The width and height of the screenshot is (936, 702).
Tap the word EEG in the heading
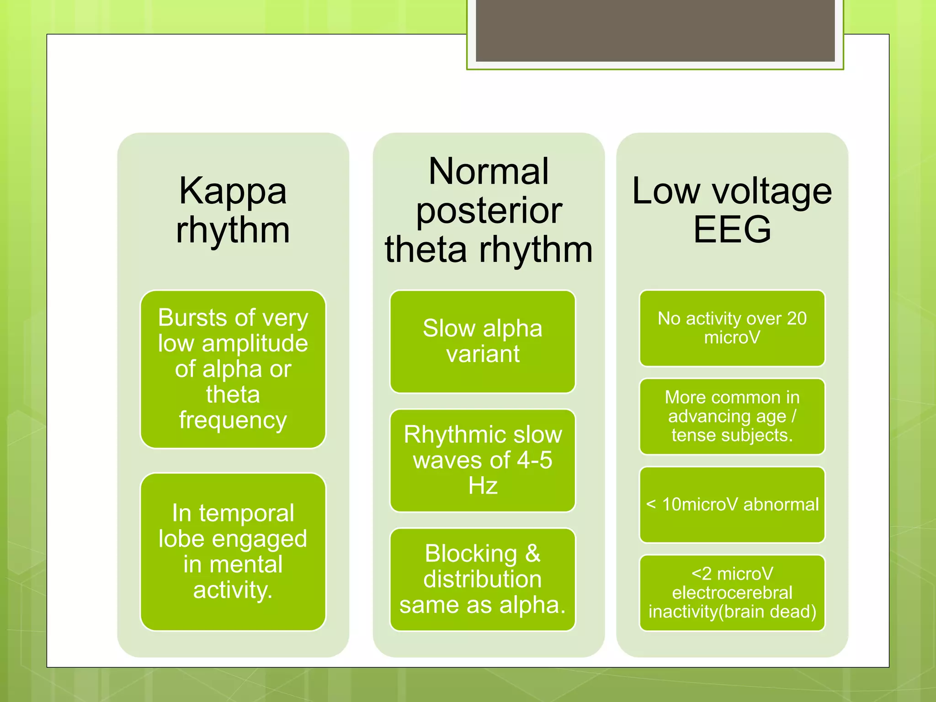(732, 229)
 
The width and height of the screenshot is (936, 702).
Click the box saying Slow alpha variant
(483, 341)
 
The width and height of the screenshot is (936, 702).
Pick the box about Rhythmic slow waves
(483, 460)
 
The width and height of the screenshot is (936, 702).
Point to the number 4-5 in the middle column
(534, 460)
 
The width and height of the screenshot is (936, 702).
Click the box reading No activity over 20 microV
(732, 328)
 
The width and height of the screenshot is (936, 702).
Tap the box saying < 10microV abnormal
(732, 505)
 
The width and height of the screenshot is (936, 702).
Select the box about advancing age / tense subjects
(732, 416)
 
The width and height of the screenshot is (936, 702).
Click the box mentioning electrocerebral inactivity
(732, 593)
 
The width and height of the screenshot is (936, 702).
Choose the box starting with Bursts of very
(233, 369)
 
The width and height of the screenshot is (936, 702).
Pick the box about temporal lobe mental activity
(233, 552)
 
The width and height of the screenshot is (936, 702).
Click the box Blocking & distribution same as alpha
(483, 579)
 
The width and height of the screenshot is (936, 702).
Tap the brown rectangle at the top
(655, 30)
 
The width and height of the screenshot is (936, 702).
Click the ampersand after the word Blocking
(532, 553)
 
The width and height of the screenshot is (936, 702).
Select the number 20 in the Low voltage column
(797, 319)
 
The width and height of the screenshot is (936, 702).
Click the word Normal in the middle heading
(489, 171)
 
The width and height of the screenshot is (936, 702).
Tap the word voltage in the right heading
(772, 191)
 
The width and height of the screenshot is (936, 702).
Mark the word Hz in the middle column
(483, 486)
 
